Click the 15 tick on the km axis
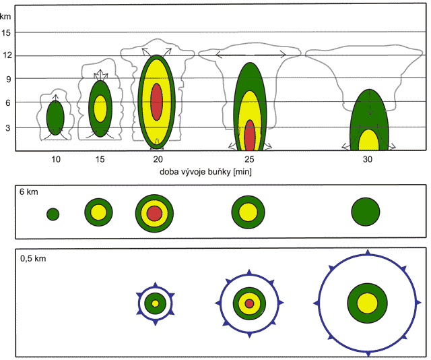click(x=7, y=32)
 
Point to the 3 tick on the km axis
click(x=7, y=127)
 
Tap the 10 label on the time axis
click(x=55, y=159)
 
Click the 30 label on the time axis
click(x=367, y=159)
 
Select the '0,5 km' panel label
click(x=34, y=258)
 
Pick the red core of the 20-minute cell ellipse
click(x=157, y=102)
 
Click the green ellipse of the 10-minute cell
click(x=55, y=117)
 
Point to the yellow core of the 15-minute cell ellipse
click(x=100, y=108)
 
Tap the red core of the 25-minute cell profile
click(x=250, y=135)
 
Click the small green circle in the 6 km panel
click(x=53, y=214)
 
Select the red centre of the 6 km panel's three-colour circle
click(x=155, y=214)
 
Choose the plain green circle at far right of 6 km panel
click(x=365, y=212)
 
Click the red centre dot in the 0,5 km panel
click(x=250, y=303)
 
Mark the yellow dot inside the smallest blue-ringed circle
click(x=156, y=303)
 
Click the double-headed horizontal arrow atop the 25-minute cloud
click(x=250, y=55)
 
